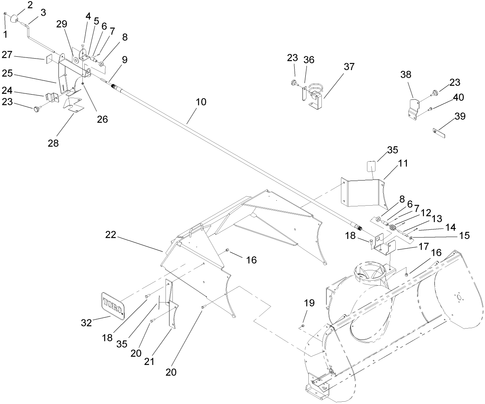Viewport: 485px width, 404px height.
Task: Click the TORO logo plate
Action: point(113,304)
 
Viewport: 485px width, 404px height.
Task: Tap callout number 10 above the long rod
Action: point(201,102)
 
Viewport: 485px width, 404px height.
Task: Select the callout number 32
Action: point(87,323)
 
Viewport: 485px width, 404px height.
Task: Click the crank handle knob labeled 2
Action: point(16,18)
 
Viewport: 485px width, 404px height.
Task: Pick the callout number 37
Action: point(349,67)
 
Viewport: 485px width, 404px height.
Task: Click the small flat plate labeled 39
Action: point(438,133)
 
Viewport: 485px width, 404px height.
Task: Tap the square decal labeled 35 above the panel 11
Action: point(370,167)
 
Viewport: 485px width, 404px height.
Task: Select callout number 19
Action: point(309,303)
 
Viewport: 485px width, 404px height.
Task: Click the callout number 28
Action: point(54,143)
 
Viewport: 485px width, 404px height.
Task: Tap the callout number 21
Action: point(149,361)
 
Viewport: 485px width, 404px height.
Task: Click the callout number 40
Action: point(458,97)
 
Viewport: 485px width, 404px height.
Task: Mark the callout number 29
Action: point(61,24)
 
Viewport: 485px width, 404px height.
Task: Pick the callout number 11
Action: point(403,164)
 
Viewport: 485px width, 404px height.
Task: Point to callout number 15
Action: point(464,236)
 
